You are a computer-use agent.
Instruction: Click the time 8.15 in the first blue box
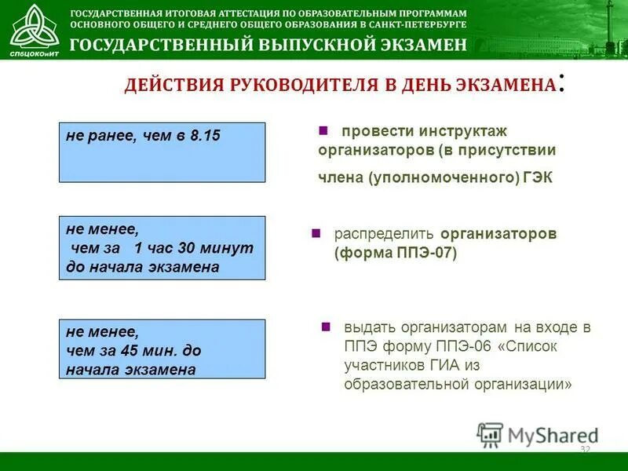(x=205, y=136)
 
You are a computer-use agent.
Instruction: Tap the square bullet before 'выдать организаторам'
(x=327, y=327)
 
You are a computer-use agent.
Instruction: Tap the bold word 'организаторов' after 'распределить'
(x=498, y=234)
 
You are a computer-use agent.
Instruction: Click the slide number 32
(x=584, y=449)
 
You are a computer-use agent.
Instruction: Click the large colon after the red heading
(x=560, y=82)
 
